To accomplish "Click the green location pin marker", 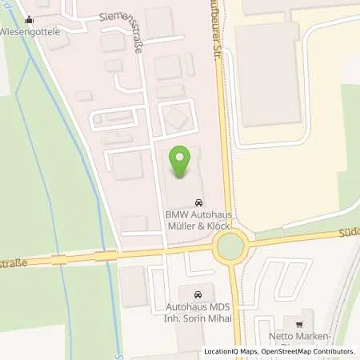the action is pyautogui.click(x=183, y=162).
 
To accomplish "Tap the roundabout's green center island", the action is pyautogui.click(x=230, y=246).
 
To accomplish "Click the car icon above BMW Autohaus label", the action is pyautogui.click(x=198, y=203).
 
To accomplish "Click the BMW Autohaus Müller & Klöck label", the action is pyautogui.click(x=198, y=220).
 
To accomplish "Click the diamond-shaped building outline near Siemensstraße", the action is pyautogui.click(x=175, y=120).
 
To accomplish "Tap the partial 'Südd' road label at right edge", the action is pyautogui.click(x=349, y=233).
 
